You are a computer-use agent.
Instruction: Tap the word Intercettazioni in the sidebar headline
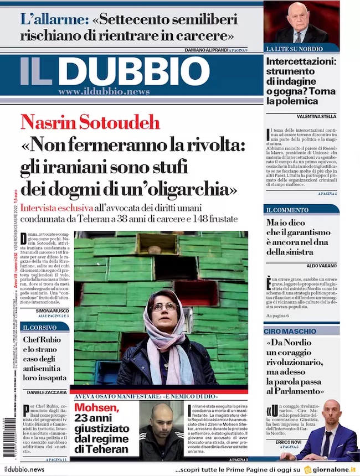[301, 61]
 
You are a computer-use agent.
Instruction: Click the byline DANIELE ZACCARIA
[47, 392]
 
